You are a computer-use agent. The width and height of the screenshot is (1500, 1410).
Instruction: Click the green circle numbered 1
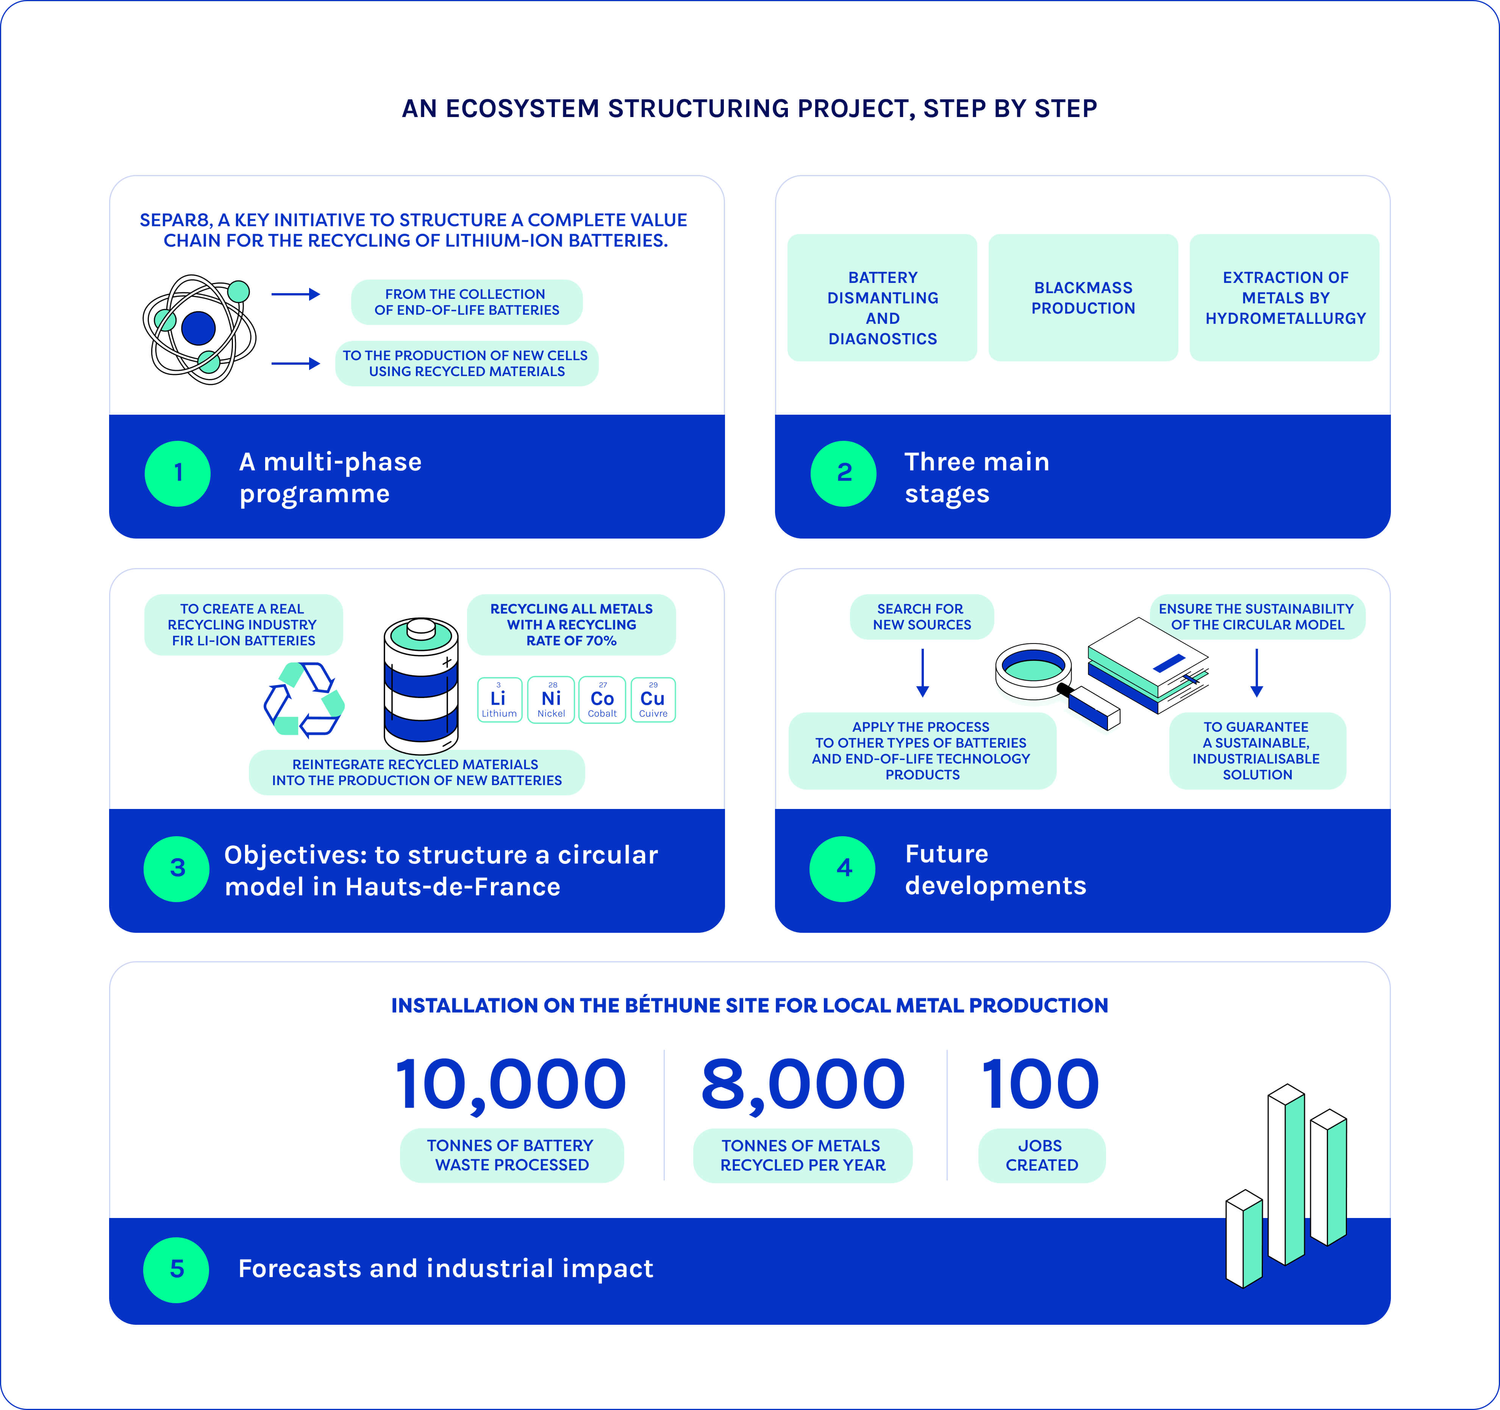[x=177, y=473]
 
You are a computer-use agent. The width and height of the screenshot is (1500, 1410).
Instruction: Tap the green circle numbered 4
[x=843, y=868]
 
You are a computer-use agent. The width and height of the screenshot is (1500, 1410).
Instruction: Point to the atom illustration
[x=199, y=329]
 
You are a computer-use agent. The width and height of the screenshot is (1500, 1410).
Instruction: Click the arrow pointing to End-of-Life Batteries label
[x=296, y=294]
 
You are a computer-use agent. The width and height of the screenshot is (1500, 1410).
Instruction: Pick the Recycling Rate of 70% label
[x=571, y=625]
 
